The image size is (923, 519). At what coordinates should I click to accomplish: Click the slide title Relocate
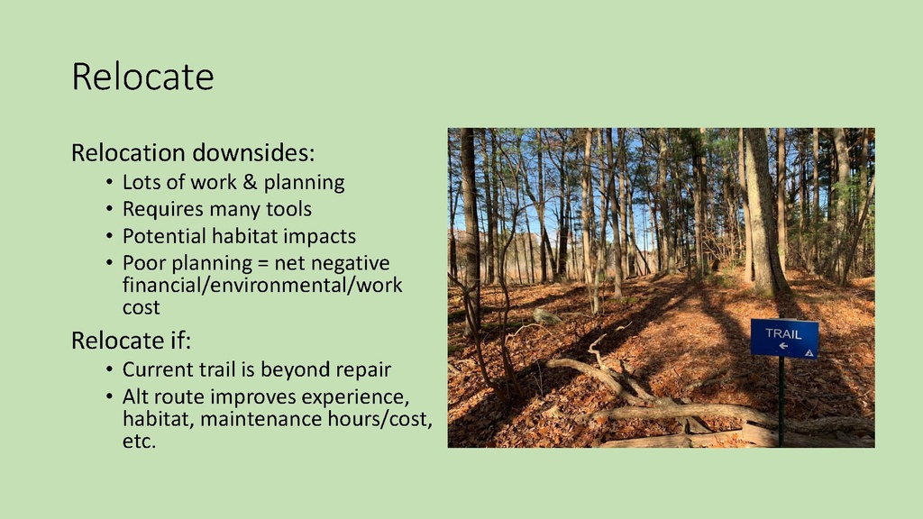click(x=142, y=77)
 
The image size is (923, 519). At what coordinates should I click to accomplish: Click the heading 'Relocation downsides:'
click(x=193, y=152)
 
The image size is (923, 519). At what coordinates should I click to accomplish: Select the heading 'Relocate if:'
click(x=132, y=340)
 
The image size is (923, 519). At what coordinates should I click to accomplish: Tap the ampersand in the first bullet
click(x=251, y=182)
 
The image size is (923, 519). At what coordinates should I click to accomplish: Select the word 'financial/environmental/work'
click(x=262, y=286)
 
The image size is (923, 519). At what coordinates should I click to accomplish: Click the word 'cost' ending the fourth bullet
click(x=142, y=307)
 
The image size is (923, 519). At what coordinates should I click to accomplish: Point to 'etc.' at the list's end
click(x=139, y=442)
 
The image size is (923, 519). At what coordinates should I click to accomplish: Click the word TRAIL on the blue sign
click(x=783, y=333)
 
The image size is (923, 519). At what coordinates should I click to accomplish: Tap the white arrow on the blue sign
click(x=783, y=345)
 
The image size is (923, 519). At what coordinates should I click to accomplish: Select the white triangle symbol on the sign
click(x=809, y=353)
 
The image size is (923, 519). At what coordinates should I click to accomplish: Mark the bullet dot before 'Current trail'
click(x=109, y=370)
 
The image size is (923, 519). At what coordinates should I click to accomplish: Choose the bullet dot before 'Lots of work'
click(x=109, y=182)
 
